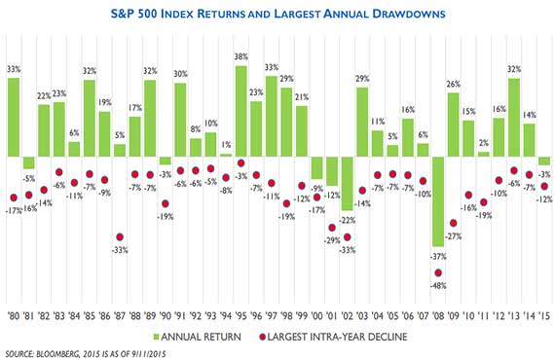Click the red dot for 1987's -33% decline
[120, 236]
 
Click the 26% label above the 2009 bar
[452, 84]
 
